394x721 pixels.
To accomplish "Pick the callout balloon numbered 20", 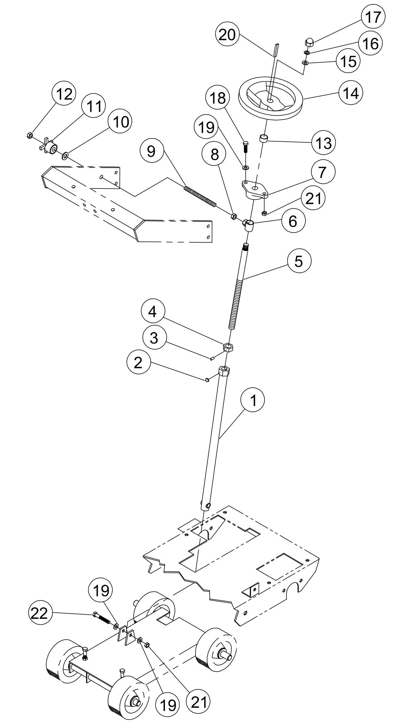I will (x=227, y=35).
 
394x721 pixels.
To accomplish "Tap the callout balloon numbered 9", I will (x=151, y=151).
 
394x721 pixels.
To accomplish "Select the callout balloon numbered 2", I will (x=138, y=363).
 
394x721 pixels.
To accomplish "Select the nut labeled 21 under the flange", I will (x=264, y=214).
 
